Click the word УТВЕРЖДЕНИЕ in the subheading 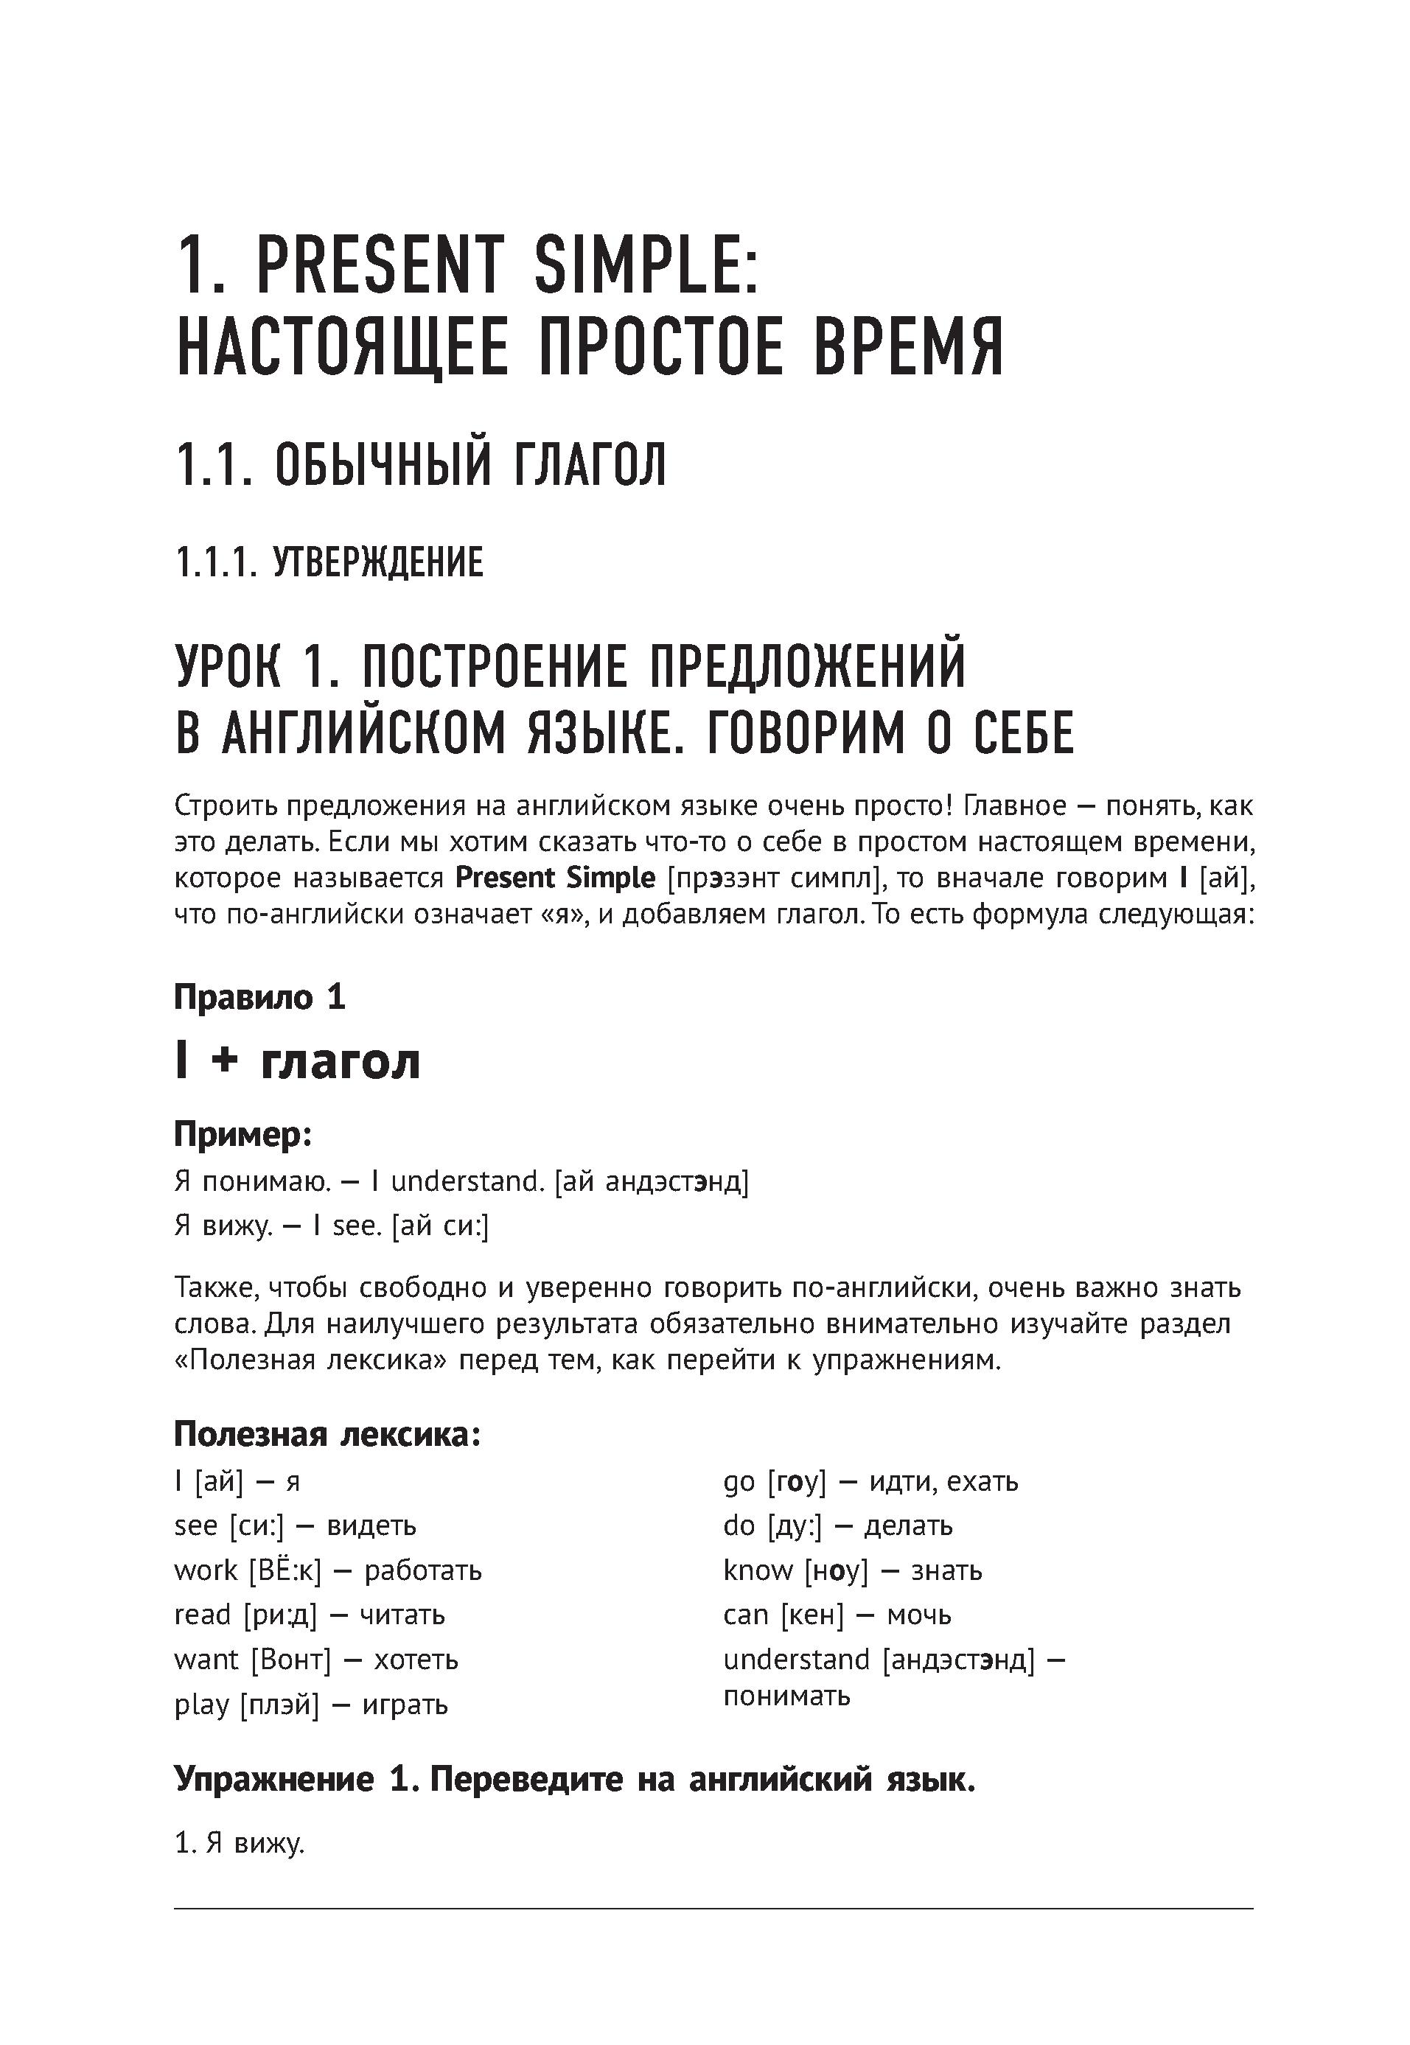pos(378,563)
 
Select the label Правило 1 pos(259,997)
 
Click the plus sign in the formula pos(226,1061)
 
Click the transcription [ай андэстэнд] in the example pos(651,1181)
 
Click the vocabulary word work pos(206,1570)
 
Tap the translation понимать pos(786,1695)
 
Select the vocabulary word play pos(201,1704)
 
